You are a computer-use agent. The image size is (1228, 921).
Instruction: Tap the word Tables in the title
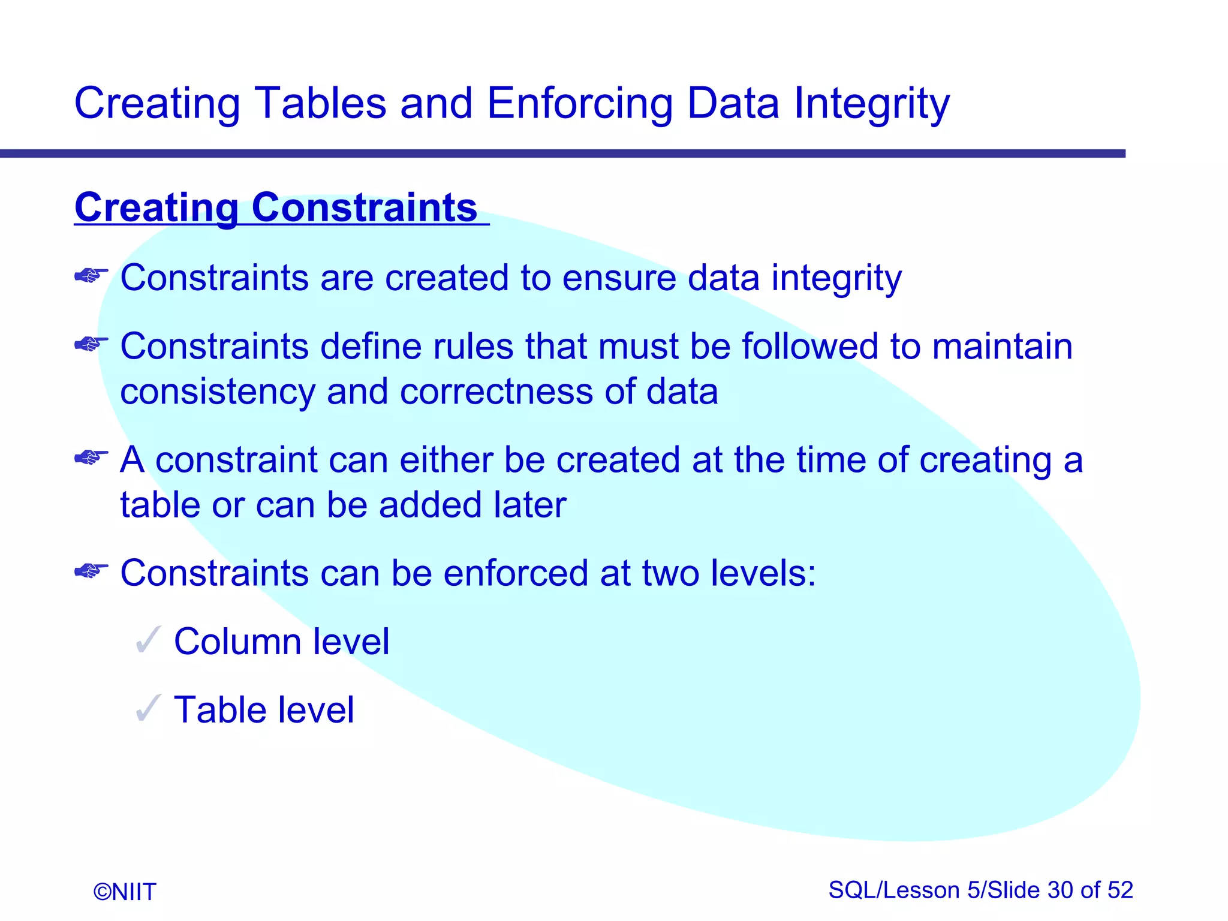pyautogui.click(x=320, y=104)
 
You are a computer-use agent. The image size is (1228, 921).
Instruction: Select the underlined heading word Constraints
pyautogui.click(x=364, y=208)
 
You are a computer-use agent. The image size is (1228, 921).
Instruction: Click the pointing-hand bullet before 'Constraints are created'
pyautogui.click(x=91, y=276)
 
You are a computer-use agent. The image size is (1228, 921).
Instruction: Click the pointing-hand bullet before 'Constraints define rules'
pyautogui.click(x=91, y=344)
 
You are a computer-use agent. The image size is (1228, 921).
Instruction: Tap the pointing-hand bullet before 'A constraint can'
pyautogui.click(x=91, y=458)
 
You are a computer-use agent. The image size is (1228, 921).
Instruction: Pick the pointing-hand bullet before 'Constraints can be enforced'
pyautogui.click(x=91, y=571)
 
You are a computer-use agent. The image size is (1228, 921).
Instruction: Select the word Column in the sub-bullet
pyautogui.click(x=237, y=642)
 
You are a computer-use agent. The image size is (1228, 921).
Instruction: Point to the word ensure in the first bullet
pyautogui.click(x=619, y=278)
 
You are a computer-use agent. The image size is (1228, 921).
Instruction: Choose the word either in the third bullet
pyautogui.click(x=446, y=460)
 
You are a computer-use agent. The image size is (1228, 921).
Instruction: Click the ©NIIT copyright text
pyautogui.click(x=125, y=892)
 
